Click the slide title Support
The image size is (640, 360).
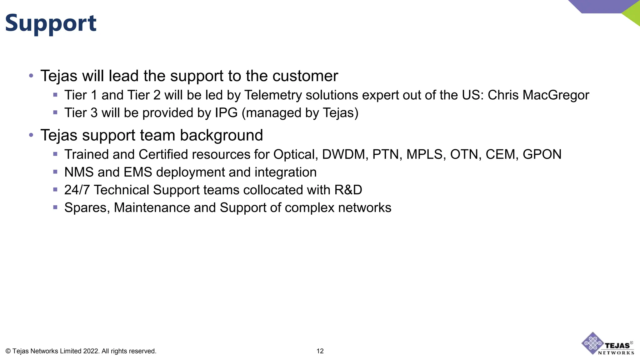pyautogui.click(x=51, y=23)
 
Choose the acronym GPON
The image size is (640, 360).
pyautogui.click(x=542, y=154)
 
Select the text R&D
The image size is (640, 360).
pyautogui.click(x=348, y=190)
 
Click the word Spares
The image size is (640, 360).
pyautogui.click(x=87, y=208)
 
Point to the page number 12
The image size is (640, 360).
pyautogui.click(x=320, y=351)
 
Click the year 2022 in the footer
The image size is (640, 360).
pyautogui.click(x=91, y=351)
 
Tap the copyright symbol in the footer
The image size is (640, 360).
pyautogui.click(x=8, y=351)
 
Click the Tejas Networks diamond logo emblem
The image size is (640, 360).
pyautogui.click(x=592, y=343)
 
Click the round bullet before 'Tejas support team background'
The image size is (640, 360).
pyautogui.click(x=31, y=135)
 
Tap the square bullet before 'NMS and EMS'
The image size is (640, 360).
pyautogui.click(x=55, y=172)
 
